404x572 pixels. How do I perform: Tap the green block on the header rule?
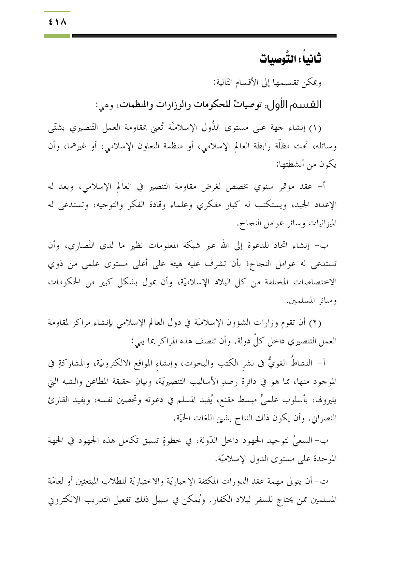(x=57, y=36)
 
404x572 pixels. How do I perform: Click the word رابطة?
(x=250, y=146)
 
